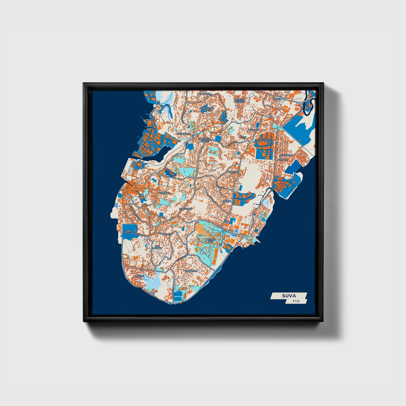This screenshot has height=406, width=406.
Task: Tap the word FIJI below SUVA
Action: pyautogui.click(x=296, y=301)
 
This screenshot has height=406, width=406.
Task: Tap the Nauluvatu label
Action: pyautogui.click(x=184, y=134)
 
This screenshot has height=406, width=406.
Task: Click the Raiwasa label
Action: pyautogui.click(x=253, y=130)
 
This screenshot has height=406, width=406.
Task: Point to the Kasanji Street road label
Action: pyautogui.click(x=263, y=140)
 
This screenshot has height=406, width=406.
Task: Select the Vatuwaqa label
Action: pyautogui.click(x=286, y=155)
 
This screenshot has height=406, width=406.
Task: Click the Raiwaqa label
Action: pyautogui.click(x=233, y=171)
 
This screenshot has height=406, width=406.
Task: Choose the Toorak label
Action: pyautogui.click(x=165, y=193)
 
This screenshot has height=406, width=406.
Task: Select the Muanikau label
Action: pyautogui.click(x=191, y=271)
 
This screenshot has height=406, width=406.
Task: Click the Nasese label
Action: pyautogui.click(x=139, y=276)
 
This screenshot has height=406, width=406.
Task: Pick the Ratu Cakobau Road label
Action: pyautogui.click(x=135, y=233)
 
